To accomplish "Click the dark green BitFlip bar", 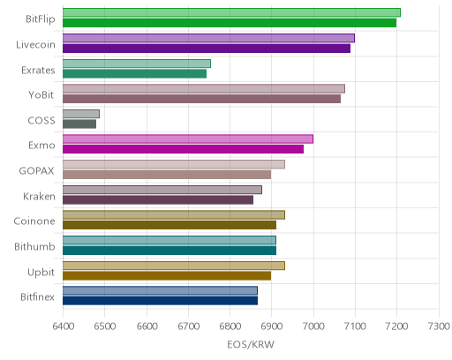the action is [x=230, y=23].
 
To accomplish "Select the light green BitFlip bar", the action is [x=231, y=13].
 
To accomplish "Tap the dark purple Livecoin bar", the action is [x=207, y=49].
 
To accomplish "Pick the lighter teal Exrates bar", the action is [x=137, y=64].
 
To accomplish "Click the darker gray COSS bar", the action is [x=79, y=124].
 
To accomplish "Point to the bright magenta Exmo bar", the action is [x=183, y=149].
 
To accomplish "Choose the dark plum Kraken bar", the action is [x=158, y=200].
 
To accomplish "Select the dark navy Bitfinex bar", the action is [x=160, y=301].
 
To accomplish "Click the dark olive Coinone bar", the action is [x=169, y=225].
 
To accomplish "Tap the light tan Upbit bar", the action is [x=174, y=266].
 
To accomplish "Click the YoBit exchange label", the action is [x=41, y=95].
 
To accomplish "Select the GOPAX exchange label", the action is [x=37, y=171].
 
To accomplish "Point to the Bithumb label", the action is [x=34, y=246].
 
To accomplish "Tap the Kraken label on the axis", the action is [x=39, y=196].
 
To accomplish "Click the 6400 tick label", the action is [x=63, y=326].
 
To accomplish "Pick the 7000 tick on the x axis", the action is [x=313, y=326].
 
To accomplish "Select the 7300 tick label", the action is [x=439, y=326].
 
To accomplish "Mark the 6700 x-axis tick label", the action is [x=188, y=326].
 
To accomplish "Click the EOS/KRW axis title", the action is [x=251, y=344].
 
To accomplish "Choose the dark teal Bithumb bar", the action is [x=169, y=251].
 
